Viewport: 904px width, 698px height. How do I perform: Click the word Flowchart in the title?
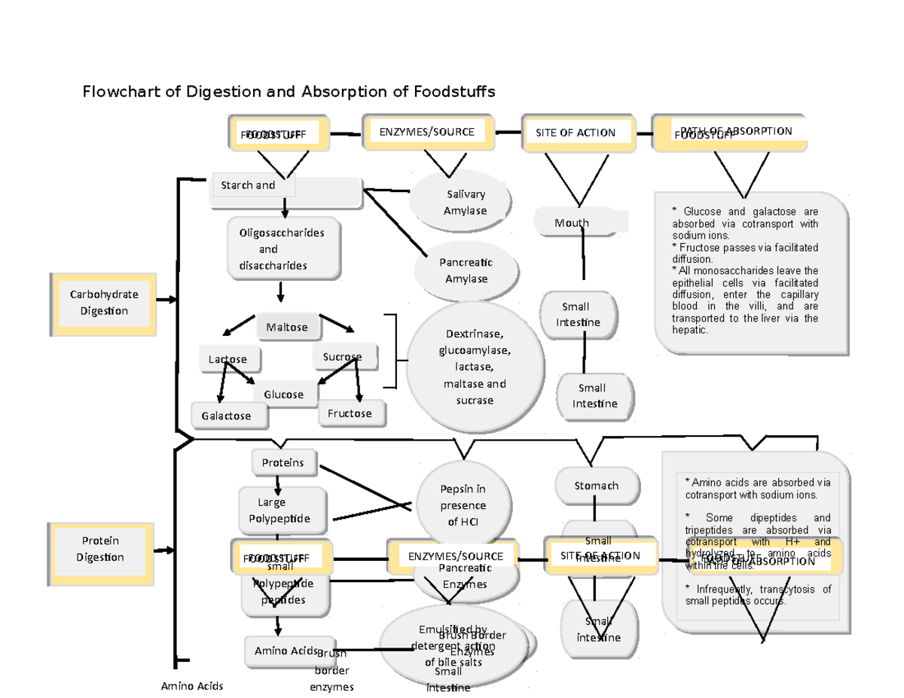pyautogui.click(x=121, y=92)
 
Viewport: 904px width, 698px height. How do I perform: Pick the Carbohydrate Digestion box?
pyautogui.click(x=105, y=303)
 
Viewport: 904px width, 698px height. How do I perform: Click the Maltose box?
pyautogui.click(x=287, y=327)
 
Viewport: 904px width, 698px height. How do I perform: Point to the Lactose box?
pyautogui.click(x=228, y=359)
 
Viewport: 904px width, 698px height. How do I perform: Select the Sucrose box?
pyautogui.click(x=344, y=357)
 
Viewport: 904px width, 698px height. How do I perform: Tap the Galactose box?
pyautogui.click(x=227, y=415)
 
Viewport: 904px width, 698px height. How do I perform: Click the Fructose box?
pyautogui.click(x=350, y=413)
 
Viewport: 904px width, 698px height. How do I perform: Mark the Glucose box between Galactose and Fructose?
pyautogui.click(x=284, y=394)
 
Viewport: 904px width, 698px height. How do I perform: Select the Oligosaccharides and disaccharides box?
pyautogui.click(x=282, y=248)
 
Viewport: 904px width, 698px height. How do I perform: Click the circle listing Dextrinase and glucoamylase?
pyautogui.click(x=475, y=367)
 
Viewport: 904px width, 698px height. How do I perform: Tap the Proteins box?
pyautogui.click(x=283, y=462)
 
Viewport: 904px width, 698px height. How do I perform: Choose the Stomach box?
pyautogui.click(x=597, y=486)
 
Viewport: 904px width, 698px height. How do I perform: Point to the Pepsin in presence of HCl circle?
pyautogui.click(x=463, y=505)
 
